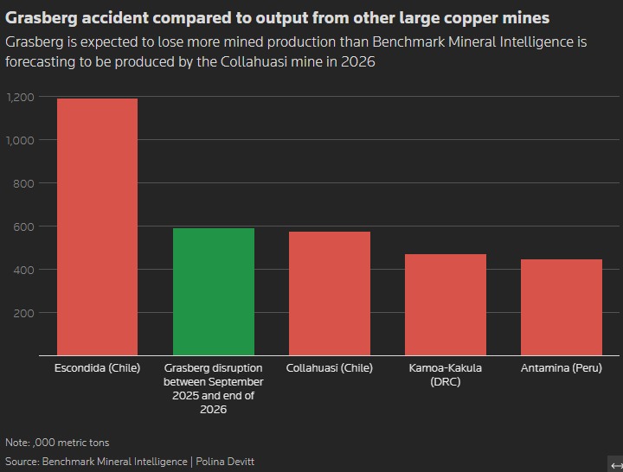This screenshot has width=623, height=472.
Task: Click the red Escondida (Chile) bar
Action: coord(97,226)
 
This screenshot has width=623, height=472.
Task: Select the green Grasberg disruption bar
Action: coord(213,291)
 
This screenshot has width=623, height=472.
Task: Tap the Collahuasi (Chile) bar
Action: coord(329,293)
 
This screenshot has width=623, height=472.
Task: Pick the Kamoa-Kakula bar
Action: coord(445,304)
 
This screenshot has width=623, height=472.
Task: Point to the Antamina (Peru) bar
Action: coord(561,307)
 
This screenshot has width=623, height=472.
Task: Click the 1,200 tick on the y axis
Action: coord(20,97)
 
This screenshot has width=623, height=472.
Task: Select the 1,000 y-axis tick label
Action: coord(20,140)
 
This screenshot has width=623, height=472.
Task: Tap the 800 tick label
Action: coord(23,183)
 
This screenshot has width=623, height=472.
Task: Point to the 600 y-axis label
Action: coord(23,226)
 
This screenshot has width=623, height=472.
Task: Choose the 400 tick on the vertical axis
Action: coord(23,270)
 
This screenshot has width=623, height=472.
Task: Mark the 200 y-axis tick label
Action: coord(23,313)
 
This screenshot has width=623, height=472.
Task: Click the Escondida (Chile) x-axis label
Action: coord(97,368)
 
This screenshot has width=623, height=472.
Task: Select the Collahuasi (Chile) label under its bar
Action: coord(329,368)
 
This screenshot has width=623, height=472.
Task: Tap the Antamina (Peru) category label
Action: coord(561,368)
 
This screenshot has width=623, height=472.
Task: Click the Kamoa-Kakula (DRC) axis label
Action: coord(445,374)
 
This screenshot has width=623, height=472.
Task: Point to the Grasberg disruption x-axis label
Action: coord(213,388)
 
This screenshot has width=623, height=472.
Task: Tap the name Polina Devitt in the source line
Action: coord(225,462)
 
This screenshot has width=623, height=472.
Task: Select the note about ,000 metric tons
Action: coord(57,443)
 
